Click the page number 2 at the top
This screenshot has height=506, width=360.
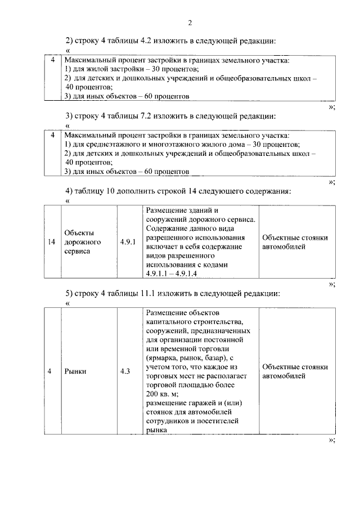click(x=190, y=23)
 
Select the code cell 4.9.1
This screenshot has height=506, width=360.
click(x=128, y=242)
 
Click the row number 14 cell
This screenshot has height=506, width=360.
click(x=52, y=242)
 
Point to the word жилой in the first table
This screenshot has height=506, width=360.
click(x=94, y=68)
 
